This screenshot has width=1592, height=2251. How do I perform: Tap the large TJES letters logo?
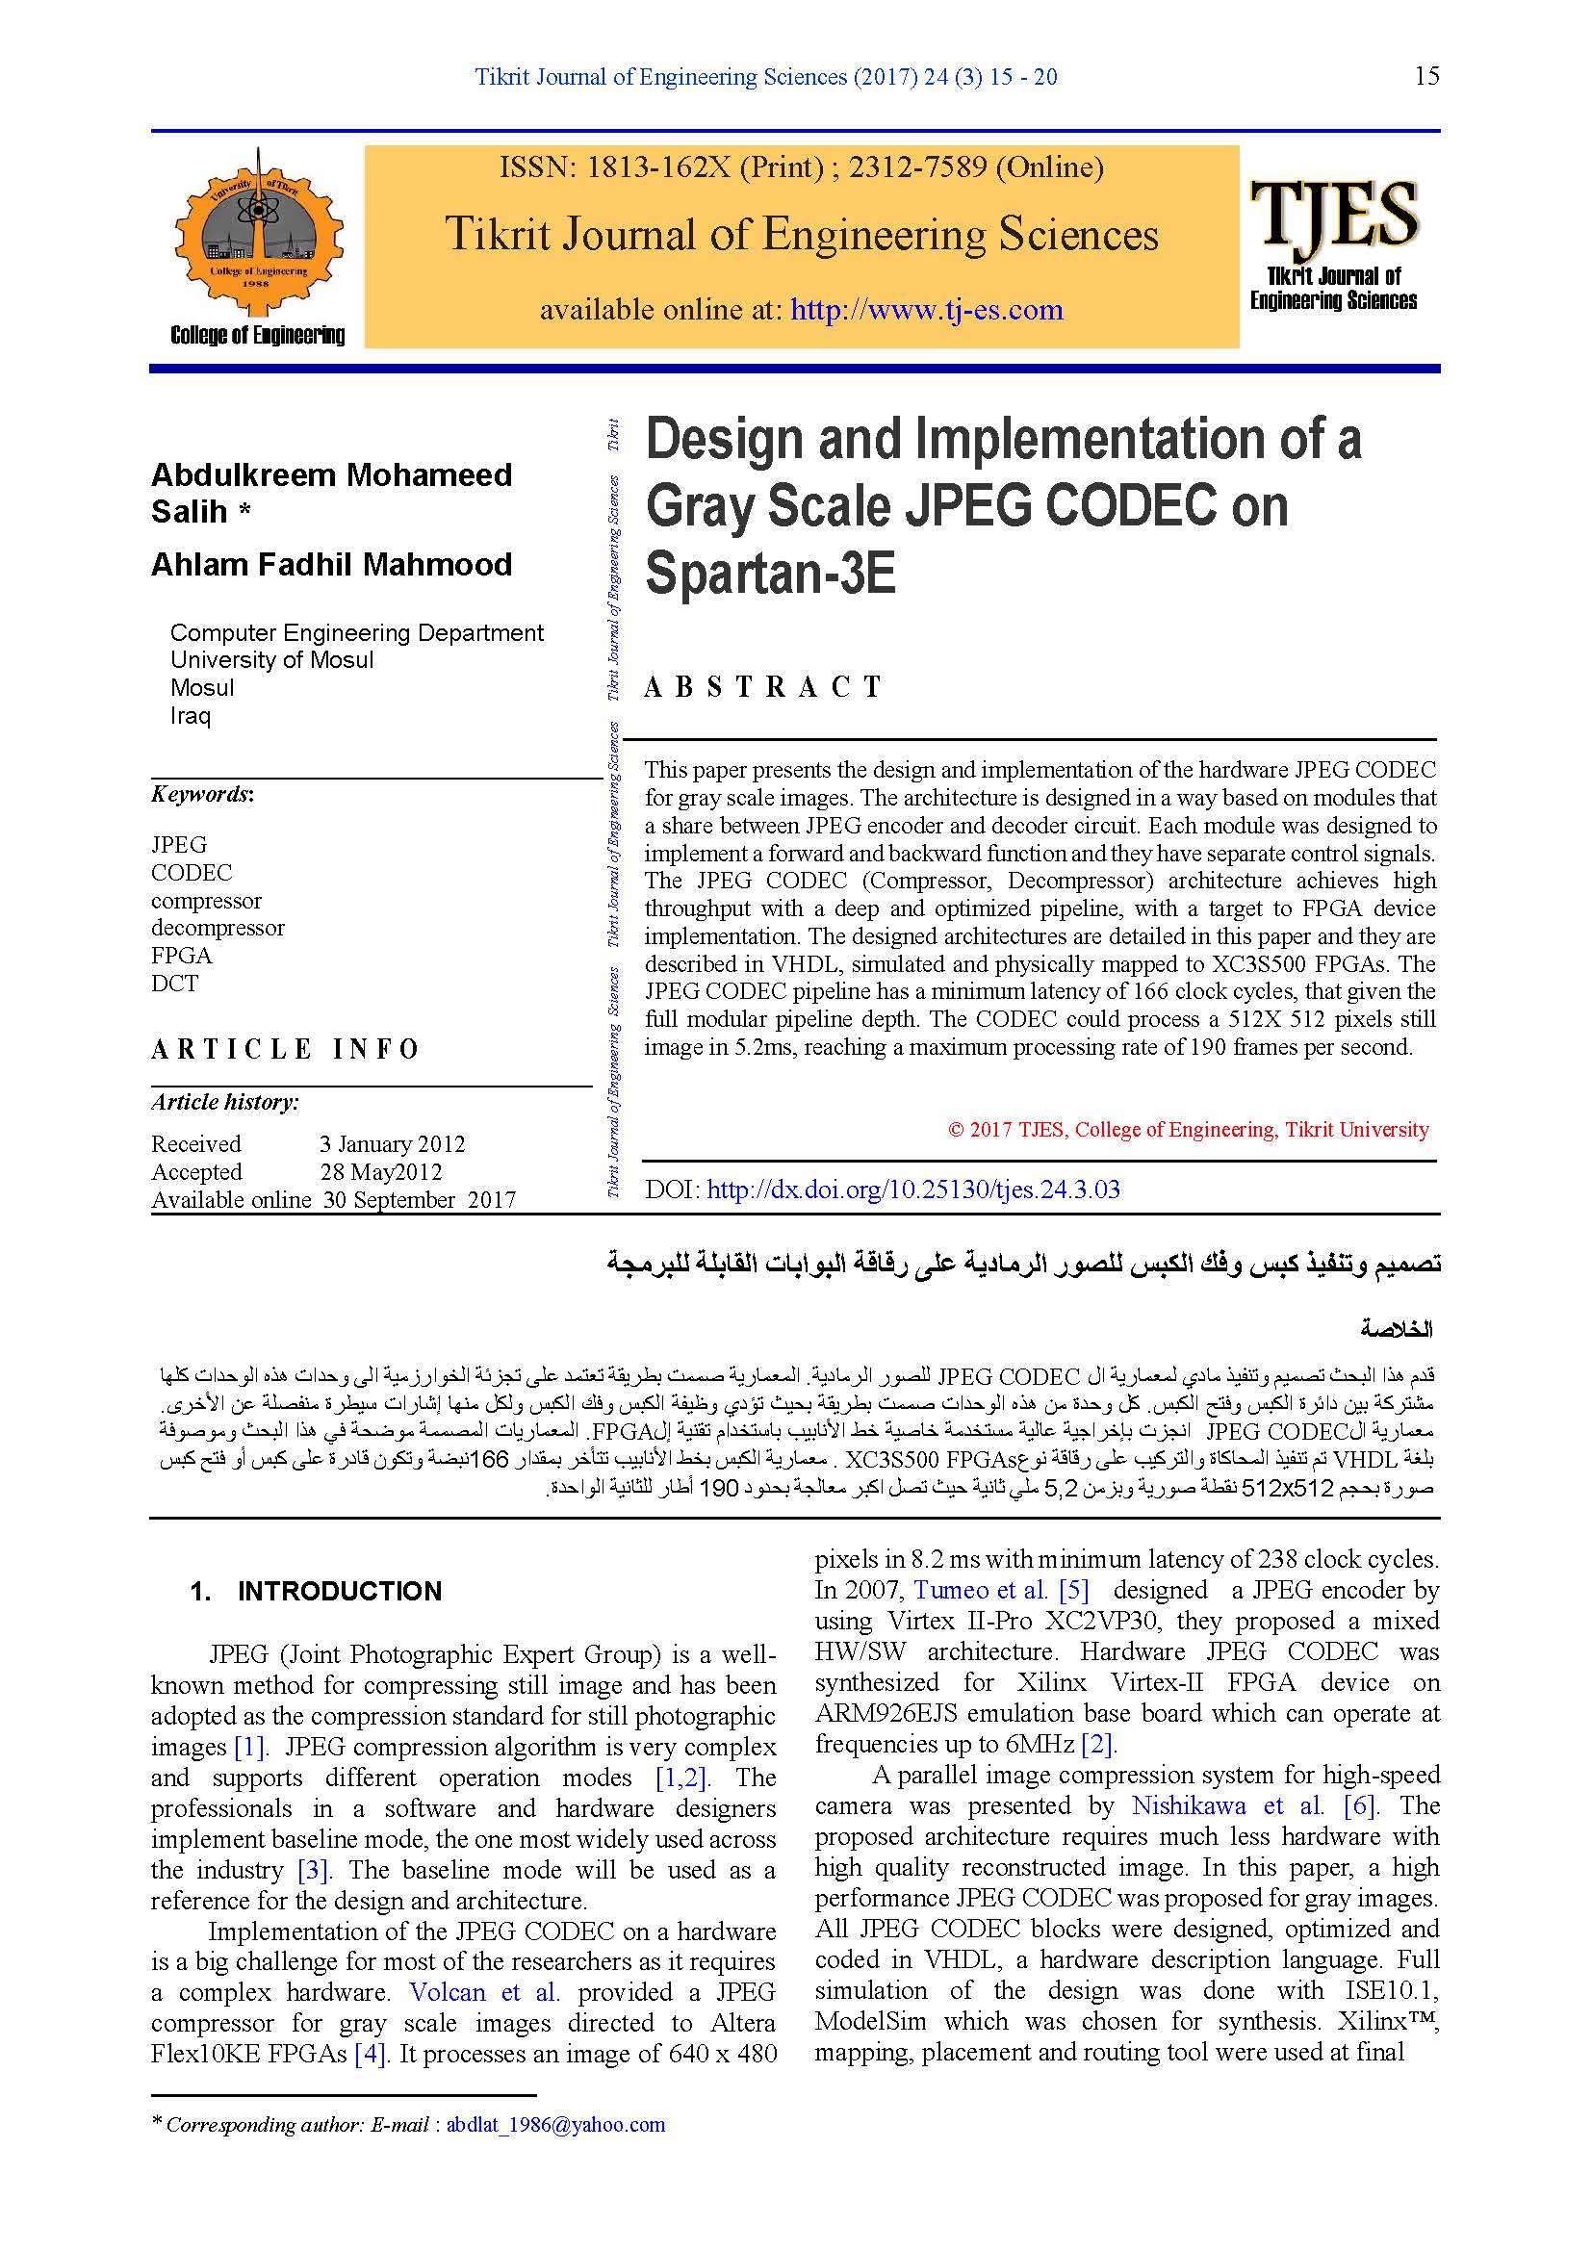point(1333,214)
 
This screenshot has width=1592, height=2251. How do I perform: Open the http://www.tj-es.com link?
point(926,310)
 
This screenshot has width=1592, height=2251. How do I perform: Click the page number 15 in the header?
point(1426,76)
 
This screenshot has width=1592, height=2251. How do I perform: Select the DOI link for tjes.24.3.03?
point(912,1189)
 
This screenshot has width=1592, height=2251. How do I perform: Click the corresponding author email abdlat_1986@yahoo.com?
point(554,2125)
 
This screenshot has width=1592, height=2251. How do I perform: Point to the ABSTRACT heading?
point(763,686)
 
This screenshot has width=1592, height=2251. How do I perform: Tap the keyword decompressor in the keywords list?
point(218,928)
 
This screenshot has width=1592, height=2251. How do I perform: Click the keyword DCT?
point(174,983)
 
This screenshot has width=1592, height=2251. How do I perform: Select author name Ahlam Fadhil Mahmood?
point(331,565)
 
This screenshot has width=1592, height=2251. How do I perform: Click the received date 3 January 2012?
point(392,1143)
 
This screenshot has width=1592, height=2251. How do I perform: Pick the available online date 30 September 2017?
point(420,1199)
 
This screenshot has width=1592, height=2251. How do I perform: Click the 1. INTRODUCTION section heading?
point(316,1590)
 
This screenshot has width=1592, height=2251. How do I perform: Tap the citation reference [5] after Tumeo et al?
point(1073,1589)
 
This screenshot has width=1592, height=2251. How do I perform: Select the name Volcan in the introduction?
point(447,1991)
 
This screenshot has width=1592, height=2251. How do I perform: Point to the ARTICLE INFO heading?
point(285,1049)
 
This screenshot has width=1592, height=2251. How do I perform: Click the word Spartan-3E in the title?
point(771,574)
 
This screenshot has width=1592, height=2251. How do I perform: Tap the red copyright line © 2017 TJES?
point(1188,1130)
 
